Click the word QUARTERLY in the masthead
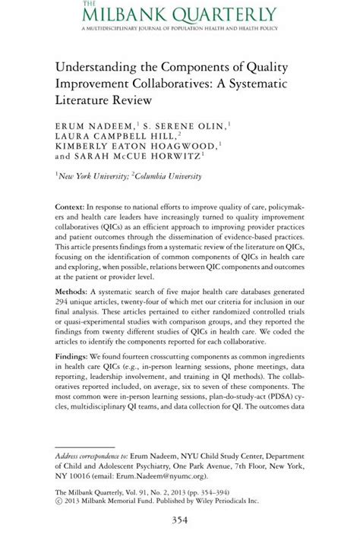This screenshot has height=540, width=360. [x=224, y=14]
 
